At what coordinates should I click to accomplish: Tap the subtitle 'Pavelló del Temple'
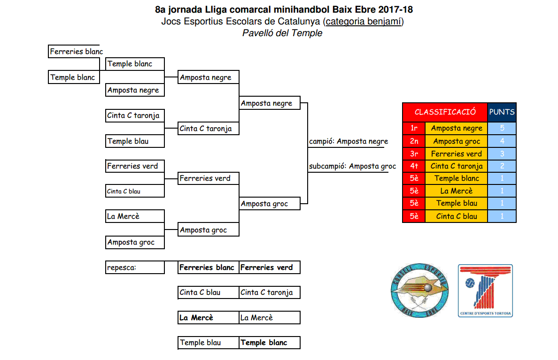[282, 33]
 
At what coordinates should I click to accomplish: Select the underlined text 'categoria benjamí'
[364, 21]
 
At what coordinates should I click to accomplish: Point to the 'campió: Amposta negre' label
[349, 141]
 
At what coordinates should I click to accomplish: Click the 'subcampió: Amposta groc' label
[352, 166]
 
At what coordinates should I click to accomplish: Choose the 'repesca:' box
[135, 268]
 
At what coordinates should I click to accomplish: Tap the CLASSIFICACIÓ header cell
[445, 112]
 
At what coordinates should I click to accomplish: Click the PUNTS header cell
[502, 112]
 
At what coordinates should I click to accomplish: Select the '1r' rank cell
[414, 128]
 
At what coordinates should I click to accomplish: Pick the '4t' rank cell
[414, 166]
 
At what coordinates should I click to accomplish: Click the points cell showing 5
[502, 128]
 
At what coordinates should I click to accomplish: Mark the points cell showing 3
[502, 153]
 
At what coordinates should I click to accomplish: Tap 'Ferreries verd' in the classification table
[457, 153]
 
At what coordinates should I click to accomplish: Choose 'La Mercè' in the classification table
[457, 191]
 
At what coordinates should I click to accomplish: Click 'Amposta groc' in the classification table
[457, 141]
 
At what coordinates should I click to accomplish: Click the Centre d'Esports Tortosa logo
[485, 291]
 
